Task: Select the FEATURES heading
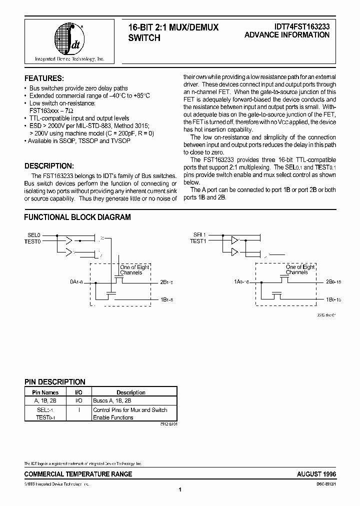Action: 44,78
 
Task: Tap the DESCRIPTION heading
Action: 49,166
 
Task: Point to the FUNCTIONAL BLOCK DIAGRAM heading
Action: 77,217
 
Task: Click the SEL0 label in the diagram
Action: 33,234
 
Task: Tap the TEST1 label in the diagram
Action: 198,241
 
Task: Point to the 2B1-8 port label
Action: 166,283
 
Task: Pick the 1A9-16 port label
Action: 242,283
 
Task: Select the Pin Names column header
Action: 45,392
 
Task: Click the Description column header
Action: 130,392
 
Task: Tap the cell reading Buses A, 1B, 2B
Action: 113,400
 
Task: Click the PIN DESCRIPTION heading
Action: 55,382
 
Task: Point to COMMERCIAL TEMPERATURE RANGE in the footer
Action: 78,474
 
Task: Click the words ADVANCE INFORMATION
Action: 287,35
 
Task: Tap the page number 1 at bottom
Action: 179,489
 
